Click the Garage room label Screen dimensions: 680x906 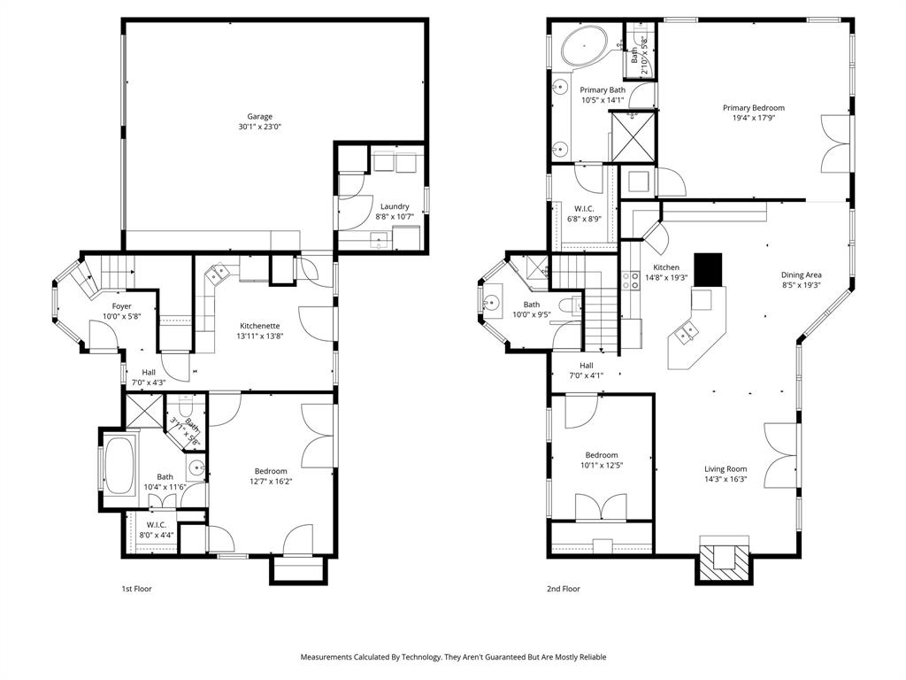(259, 117)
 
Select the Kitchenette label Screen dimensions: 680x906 (259, 326)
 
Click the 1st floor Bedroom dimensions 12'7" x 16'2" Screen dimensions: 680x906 (271, 482)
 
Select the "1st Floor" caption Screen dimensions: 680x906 (136, 589)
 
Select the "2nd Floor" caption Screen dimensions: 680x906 (564, 589)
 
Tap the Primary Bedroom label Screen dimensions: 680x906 (753, 108)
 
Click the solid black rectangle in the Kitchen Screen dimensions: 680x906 (708, 270)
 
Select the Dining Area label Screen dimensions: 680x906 (801, 274)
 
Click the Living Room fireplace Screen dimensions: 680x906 (725, 560)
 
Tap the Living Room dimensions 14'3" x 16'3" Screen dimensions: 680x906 (725, 481)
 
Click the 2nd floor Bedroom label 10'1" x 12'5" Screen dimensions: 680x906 (601, 466)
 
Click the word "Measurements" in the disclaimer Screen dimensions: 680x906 (328, 657)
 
